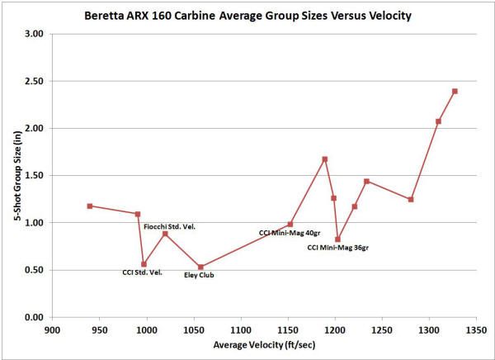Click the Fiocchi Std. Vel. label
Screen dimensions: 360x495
(170, 226)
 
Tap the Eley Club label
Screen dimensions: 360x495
(199, 275)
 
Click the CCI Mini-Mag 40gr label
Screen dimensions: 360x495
(286, 233)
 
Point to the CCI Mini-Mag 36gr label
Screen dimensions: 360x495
(337, 247)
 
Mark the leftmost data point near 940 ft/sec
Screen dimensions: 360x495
(90, 206)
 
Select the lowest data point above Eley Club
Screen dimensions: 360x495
(200, 267)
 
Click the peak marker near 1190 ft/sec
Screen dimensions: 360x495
(325, 159)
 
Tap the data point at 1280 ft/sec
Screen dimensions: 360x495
(411, 199)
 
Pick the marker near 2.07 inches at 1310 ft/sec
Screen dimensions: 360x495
(438, 121)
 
